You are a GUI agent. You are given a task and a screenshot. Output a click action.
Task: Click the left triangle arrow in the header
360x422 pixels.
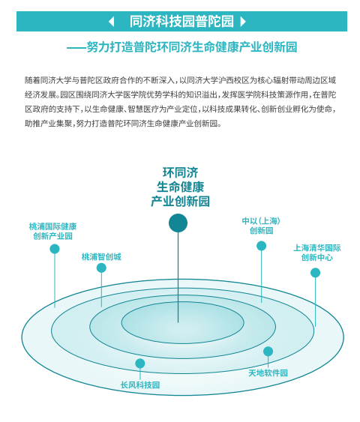[112, 22]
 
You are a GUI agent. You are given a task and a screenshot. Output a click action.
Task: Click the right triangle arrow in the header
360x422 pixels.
[243, 22]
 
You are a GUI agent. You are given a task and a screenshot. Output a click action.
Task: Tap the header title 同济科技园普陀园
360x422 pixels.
[181, 22]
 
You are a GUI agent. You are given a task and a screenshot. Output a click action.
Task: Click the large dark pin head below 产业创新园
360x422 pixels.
[178, 223]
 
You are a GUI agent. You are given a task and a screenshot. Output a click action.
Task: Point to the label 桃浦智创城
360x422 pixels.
[101, 257]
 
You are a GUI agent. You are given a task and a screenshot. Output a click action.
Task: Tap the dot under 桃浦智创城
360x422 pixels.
[101, 268]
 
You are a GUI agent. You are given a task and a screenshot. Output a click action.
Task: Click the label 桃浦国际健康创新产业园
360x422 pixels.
[52, 231]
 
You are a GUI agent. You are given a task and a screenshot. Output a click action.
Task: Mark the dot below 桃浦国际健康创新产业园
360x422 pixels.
[55, 249]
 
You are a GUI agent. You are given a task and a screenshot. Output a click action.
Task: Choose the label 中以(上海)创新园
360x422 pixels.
[261, 226]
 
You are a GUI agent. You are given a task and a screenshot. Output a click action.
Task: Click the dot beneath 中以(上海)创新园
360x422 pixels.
[261, 246]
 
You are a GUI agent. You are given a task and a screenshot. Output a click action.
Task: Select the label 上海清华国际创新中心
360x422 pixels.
[317, 253]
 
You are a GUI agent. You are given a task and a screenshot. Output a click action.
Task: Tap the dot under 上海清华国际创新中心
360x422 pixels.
[315, 273]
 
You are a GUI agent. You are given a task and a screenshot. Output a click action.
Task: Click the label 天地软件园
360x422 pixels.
[268, 373]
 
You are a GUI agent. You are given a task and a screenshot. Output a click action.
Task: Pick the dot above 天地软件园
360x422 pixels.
[268, 352]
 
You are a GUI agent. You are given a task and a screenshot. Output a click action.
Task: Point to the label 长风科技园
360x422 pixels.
[140, 385]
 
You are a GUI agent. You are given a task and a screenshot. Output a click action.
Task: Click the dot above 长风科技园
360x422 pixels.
[140, 364]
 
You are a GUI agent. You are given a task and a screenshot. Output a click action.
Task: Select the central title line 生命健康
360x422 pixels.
[181, 187]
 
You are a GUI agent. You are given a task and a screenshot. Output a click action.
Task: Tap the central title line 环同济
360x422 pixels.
[181, 172]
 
